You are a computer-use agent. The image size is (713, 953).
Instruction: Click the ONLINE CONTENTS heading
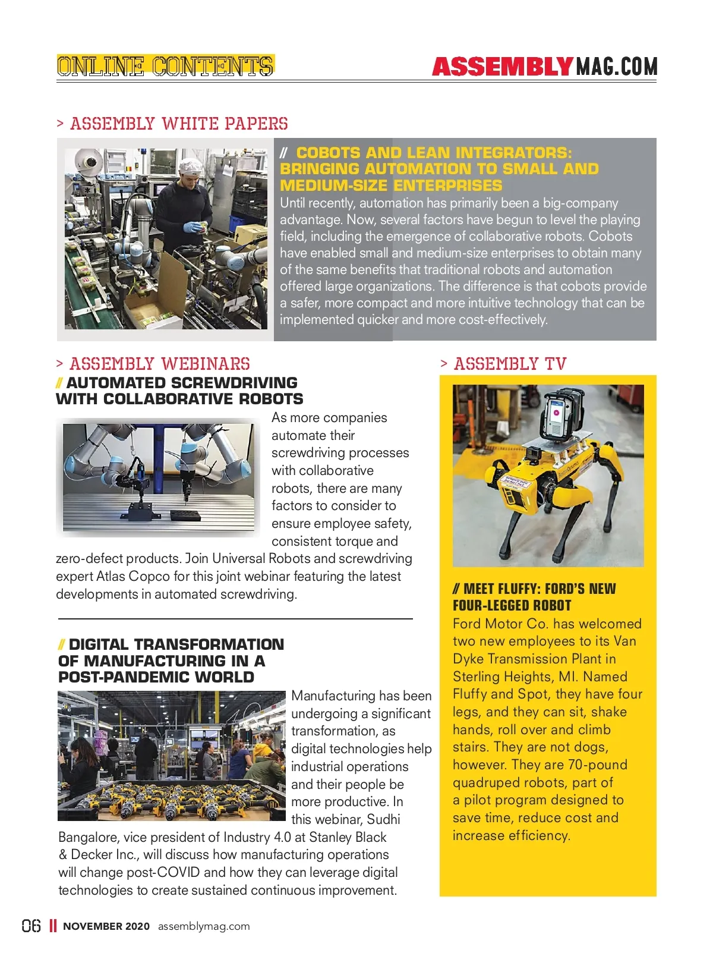pyautogui.click(x=165, y=66)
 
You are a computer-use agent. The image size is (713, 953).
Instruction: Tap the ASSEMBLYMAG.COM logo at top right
pyautogui.click(x=544, y=67)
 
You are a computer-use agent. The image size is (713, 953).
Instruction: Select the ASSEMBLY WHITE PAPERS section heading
pyautogui.click(x=179, y=124)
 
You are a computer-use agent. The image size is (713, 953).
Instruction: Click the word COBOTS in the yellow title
pyautogui.click(x=329, y=153)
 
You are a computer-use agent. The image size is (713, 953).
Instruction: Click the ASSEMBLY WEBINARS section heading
pyautogui.click(x=159, y=364)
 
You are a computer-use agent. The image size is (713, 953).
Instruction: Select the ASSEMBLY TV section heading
pyautogui.click(x=510, y=364)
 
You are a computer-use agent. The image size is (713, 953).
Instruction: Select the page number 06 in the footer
pyautogui.click(x=31, y=926)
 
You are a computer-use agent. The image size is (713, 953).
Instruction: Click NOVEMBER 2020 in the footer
pyautogui.click(x=106, y=926)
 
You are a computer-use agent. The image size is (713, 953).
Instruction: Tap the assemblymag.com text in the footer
pyautogui.click(x=204, y=926)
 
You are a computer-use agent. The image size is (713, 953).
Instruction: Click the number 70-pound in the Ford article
pyautogui.click(x=598, y=765)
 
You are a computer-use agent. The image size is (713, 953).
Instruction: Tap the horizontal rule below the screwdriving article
pyautogui.click(x=235, y=619)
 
